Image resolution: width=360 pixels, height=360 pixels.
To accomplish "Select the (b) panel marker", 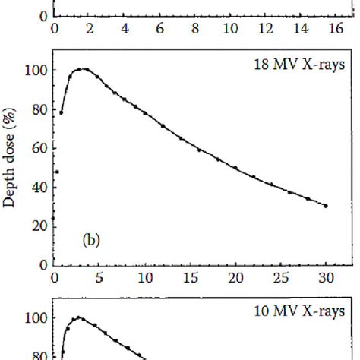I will point(92,242).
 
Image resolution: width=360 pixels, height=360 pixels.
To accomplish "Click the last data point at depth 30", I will point(326,206).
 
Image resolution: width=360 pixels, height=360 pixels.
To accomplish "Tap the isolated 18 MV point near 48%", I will point(57,172).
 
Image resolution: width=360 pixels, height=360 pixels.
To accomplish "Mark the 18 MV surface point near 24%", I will point(53,218).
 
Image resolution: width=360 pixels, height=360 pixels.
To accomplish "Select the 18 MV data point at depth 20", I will point(235,168).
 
